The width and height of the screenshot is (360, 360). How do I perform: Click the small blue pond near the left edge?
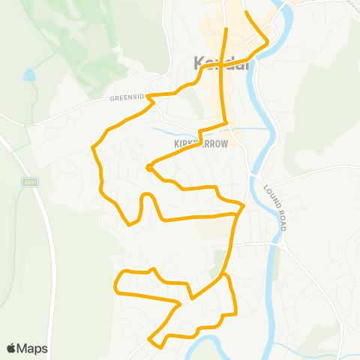coord(28,76)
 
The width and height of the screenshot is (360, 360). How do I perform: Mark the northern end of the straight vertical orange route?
coord(226,29)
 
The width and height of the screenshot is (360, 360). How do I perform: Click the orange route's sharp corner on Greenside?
coord(149,96)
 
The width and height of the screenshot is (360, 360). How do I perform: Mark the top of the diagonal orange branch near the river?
coord(246,13)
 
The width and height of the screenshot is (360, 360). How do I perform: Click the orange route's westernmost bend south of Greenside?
coord(94,148)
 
